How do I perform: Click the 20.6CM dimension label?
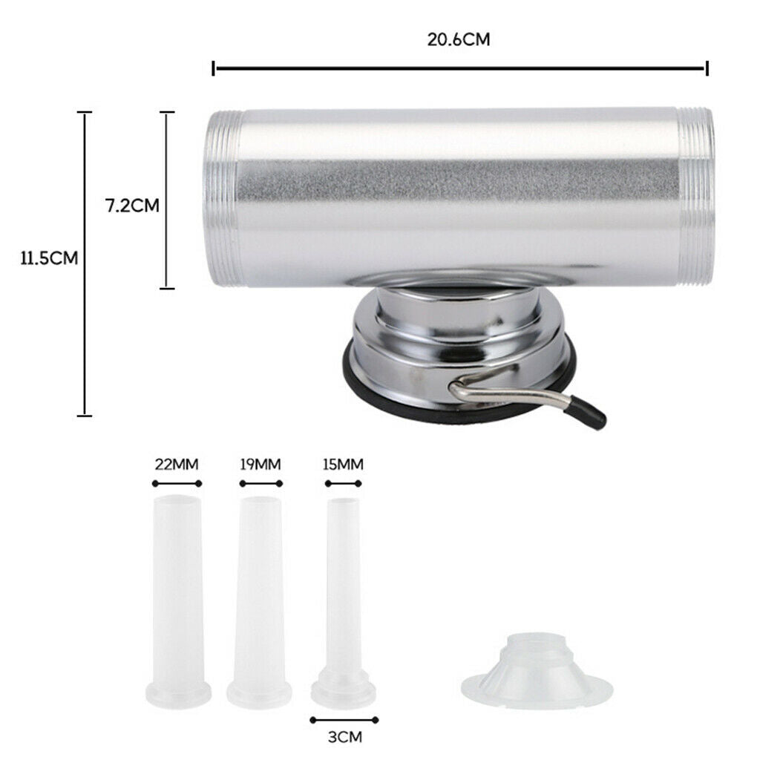(x=459, y=39)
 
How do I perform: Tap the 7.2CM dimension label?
(x=132, y=206)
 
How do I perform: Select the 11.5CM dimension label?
(x=49, y=258)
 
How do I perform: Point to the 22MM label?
(x=177, y=465)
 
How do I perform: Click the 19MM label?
(x=261, y=465)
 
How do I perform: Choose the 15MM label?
(x=343, y=465)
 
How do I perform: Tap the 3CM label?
(x=344, y=737)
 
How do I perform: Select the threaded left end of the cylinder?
(x=223, y=199)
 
